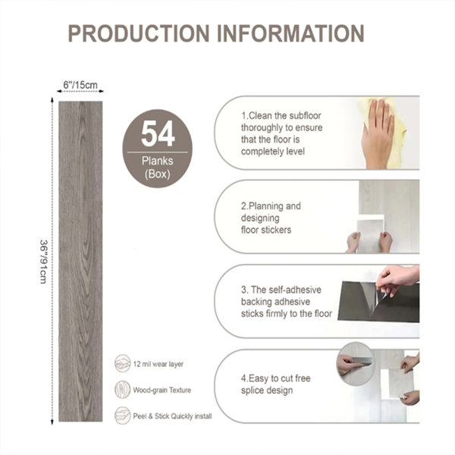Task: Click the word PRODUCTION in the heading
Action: click(x=139, y=33)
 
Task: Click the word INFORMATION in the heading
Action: click(x=290, y=33)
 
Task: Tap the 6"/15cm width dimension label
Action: click(x=80, y=85)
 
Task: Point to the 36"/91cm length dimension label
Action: click(x=43, y=262)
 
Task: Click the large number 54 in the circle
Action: click(x=158, y=133)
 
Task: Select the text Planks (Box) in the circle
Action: click(x=157, y=168)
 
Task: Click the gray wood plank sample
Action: click(x=80, y=261)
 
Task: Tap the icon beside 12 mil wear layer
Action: click(x=122, y=363)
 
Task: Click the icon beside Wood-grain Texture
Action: click(x=122, y=390)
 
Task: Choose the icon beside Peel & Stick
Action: click(x=122, y=416)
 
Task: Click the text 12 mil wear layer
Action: click(x=158, y=364)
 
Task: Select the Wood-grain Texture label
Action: click(x=162, y=390)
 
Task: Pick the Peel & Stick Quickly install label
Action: click(x=172, y=416)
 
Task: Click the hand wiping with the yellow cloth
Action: click(x=378, y=133)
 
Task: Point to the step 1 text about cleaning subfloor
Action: click(x=281, y=133)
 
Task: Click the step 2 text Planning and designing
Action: click(x=271, y=218)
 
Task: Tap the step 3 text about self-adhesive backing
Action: click(x=287, y=302)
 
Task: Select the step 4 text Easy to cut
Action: click(x=276, y=384)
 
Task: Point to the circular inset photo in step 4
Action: click(x=356, y=363)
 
